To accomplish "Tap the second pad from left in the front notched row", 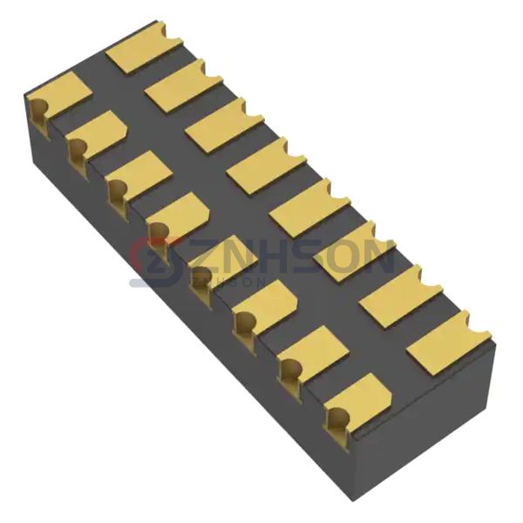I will [x=98, y=133].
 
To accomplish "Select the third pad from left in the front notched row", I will [x=140, y=173].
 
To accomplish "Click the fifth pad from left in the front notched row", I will [x=225, y=259].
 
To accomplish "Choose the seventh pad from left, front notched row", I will [x=313, y=348].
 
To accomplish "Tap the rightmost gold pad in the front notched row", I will [x=357, y=397].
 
